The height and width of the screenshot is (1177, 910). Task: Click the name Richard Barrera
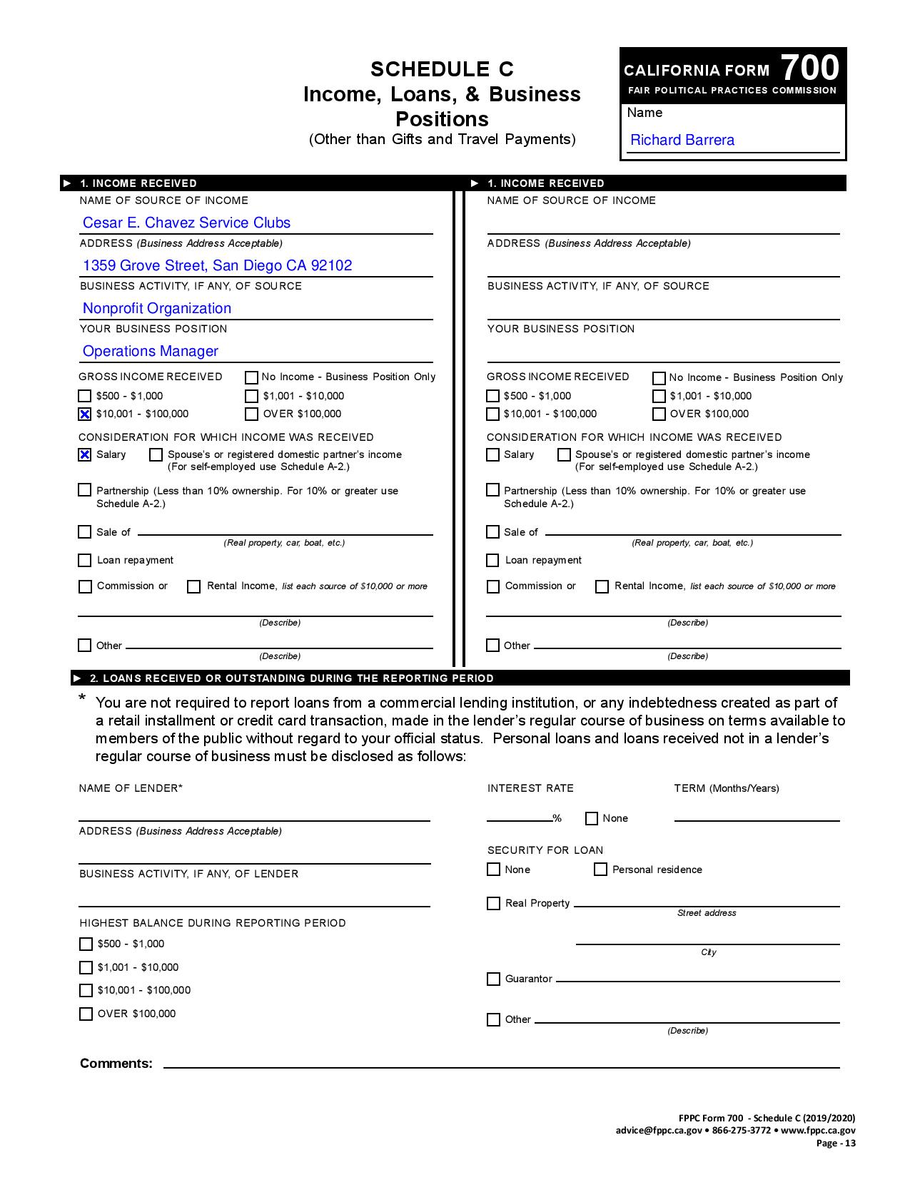point(682,140)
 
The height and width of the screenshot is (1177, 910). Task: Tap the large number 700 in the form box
point(809,68)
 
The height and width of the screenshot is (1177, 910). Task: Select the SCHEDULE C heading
point(442,69)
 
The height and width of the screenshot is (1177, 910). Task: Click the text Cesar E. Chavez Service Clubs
point(186,223)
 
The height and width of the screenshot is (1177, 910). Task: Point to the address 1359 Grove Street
point(217,265)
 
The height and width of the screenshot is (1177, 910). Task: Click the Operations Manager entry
point(151,351)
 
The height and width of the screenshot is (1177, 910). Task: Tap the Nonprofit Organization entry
point(157,308)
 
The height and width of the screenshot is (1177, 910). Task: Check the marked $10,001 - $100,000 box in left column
point(85,414)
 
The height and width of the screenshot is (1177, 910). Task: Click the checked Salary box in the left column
point(85,454)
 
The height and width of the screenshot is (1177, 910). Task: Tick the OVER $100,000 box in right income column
point(659,414)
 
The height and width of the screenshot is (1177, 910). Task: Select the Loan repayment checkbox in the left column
point(85,561)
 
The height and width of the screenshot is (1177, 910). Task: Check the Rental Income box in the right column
point(602,586)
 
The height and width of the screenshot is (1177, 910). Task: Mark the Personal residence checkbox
point(600,870)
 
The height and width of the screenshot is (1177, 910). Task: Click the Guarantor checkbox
point(493,979)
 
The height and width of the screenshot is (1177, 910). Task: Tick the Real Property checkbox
point(493,903)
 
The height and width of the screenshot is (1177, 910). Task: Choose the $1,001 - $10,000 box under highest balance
point(86,967)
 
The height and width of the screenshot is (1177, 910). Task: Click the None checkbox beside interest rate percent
point(591,818)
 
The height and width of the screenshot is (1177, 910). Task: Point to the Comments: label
point(116,1064)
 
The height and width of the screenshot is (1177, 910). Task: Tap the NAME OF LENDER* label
point(131,788)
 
